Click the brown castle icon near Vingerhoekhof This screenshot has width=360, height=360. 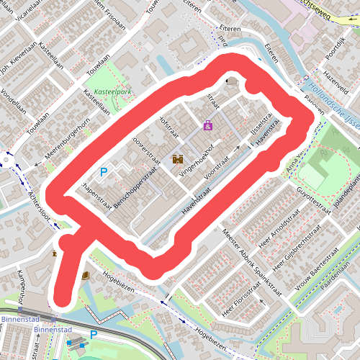(x=177, y=158)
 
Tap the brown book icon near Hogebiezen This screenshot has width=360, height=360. (x=86, y=275)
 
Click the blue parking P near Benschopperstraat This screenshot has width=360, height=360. (x=103, y=172)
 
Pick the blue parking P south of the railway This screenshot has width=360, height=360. (x=93, y=335)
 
